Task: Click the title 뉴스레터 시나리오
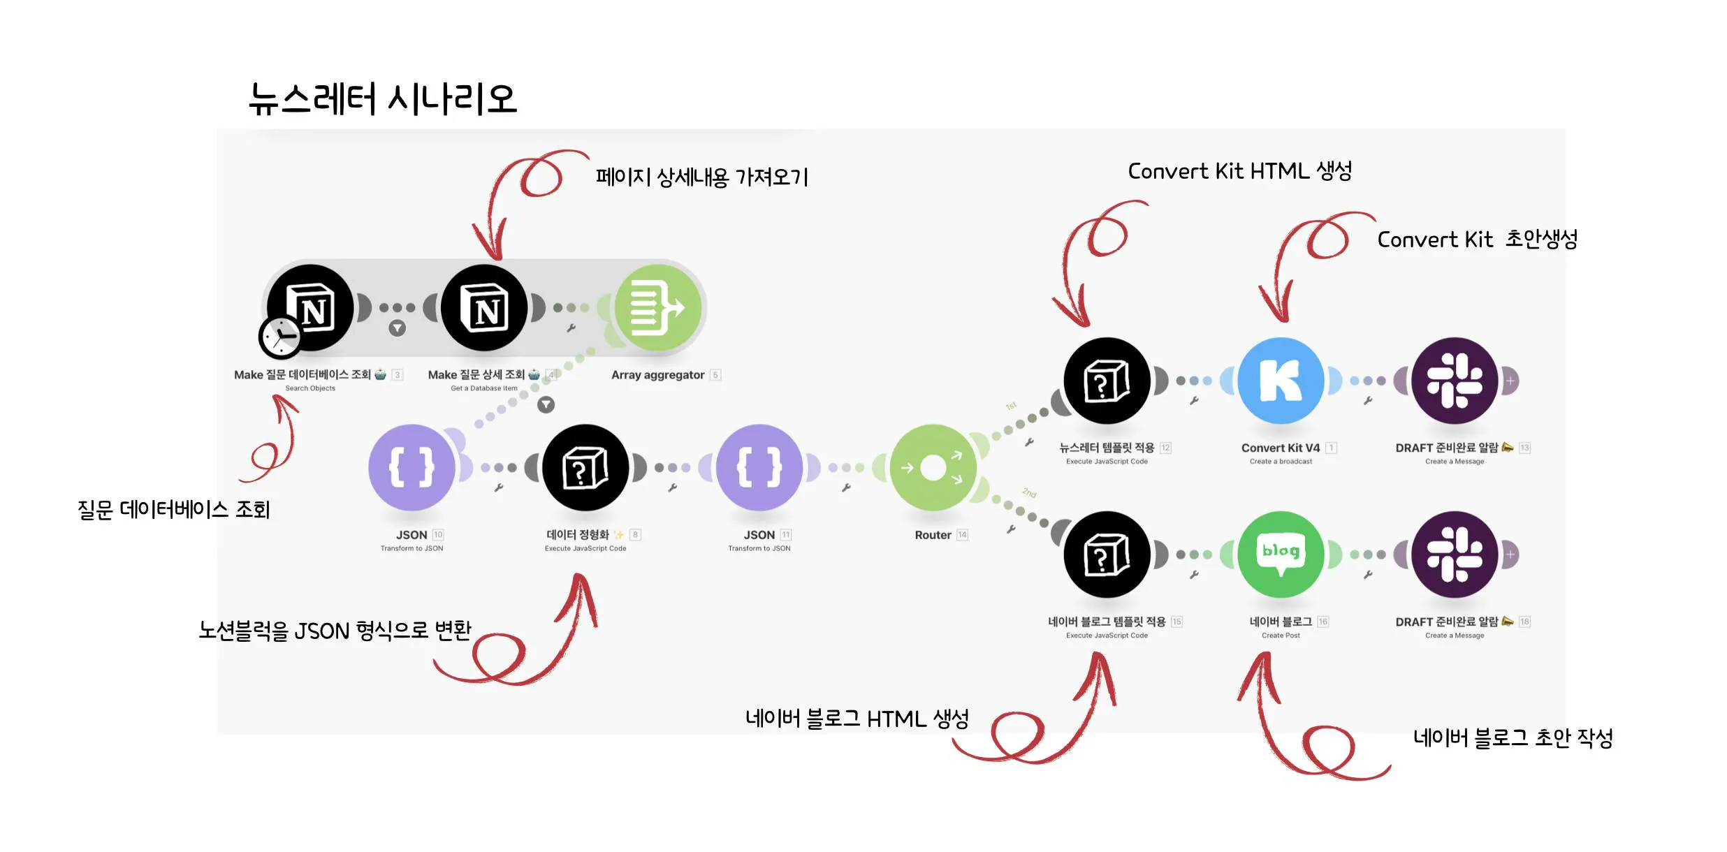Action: pos(382,98)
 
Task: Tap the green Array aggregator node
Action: pos(657,308)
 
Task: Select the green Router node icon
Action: pos(933,467)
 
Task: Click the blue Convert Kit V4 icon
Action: pos(1281,381)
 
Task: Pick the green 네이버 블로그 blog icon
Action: pos(1281,554)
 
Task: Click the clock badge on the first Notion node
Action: pos(280,337)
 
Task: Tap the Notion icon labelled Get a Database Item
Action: pos(484,308)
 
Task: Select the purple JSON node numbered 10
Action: pos(411,467)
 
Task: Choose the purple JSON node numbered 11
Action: pos(759,467)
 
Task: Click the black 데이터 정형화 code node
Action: pos(585,467)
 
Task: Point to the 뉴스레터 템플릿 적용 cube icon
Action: pos(1107,381)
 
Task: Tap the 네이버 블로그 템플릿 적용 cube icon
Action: pos(1107,554)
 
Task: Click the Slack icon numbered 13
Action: pos(1455,381)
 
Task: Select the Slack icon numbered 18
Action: pos(1455,554)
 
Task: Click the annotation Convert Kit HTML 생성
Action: pos(1239,171)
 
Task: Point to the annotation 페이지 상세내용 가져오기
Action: pos(701,177)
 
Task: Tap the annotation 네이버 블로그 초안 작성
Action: pos(1513,737)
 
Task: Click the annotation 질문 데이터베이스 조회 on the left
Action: pos(173,510)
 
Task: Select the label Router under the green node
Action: pos(933,535)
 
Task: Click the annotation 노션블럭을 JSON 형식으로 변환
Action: pos(335,631)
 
